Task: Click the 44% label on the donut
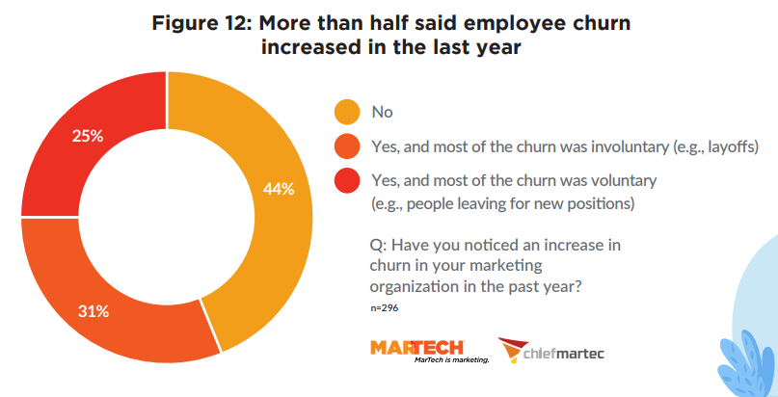(x=278, y=189)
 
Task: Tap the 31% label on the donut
(x=93, y=311)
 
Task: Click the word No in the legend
(x=383, y=113)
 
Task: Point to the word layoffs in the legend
(x=728, y=146)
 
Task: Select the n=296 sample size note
(x=384, y=307)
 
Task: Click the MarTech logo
(x=416, y=347)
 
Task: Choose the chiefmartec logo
(x=550, y=352)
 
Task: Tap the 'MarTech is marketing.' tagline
(x=451, y=359)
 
